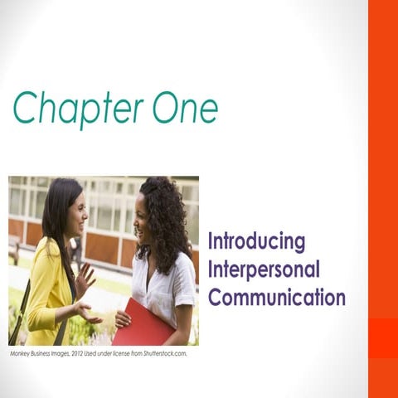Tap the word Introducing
click(256, 242)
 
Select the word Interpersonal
click(264, 270)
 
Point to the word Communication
click(276, 297)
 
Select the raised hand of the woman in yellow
click(86, 278)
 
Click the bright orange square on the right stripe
click(383, 337)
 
